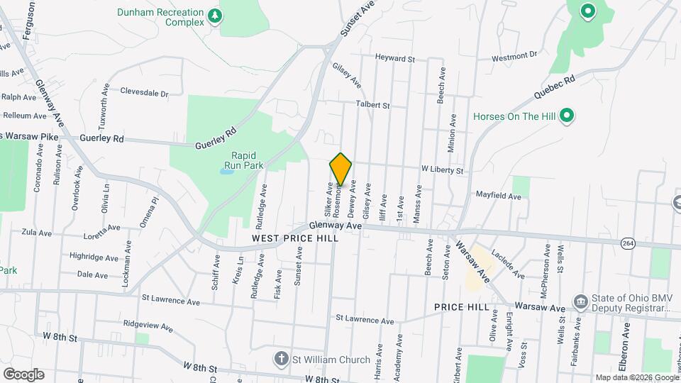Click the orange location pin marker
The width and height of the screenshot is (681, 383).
click(x=341, y=169)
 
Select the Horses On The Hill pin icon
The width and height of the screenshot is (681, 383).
click(x=566, y=116)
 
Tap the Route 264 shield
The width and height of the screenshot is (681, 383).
click(x=627, y=243)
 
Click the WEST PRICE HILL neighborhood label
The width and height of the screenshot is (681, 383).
click(x=294, y=238)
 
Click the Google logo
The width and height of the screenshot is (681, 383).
click(x=23, y=374)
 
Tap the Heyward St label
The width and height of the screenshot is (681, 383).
click(x=394, y=59)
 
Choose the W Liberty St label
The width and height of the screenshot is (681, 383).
click(x=442, y=171)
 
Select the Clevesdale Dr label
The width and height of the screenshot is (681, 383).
click(x=144, y=92)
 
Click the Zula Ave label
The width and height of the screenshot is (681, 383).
click(x=37, y=232)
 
